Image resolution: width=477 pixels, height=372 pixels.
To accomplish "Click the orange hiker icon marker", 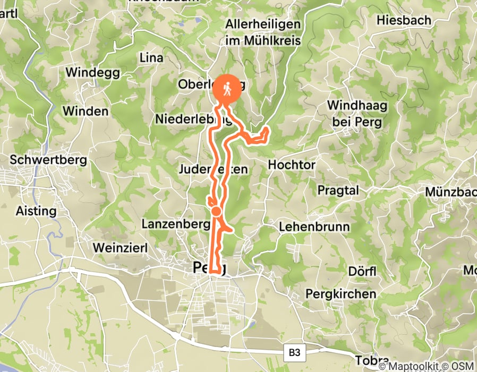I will pyautogui.click(x=227, y=89).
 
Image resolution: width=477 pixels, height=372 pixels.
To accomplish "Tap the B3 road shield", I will pyautogui.click(x=294, y=351).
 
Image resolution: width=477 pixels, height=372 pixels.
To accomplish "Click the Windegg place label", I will pyautogui.click(x=93, y=72).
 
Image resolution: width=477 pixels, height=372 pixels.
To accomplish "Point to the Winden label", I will pyautogui.click(x=85, y=111).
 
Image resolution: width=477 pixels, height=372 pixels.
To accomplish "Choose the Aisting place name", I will pyautogui.click(x=36, y=211).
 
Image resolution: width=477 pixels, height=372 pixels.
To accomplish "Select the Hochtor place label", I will pyautogui.click(x=292, y=165).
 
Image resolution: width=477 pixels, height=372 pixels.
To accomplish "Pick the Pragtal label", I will pyautogui.click(x=338, y=190).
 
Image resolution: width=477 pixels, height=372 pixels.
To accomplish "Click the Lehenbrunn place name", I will pyautogui.click(x=314, y=227).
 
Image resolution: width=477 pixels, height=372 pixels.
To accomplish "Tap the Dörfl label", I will pyautogui.click(x=362, y=272).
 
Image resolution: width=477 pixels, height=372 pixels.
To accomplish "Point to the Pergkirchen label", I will pyautogui.click(x=341, y=293).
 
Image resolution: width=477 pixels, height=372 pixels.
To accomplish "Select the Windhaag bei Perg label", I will pyautogui.click(x=357, y=113).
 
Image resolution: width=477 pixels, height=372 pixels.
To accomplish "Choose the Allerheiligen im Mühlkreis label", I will pyautogui.click(x=263, y=32).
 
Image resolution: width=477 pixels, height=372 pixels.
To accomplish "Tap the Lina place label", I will pyautogui.click(x=150, y=57).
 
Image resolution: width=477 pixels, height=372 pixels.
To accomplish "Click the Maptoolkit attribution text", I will pyautogui.click(x=410, y=366).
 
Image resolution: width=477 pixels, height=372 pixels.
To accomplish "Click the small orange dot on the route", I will pyautogui.click(x=216, y=212).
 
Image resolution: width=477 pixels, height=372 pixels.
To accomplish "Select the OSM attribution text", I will pyautogui.click(x=460, y=366).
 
